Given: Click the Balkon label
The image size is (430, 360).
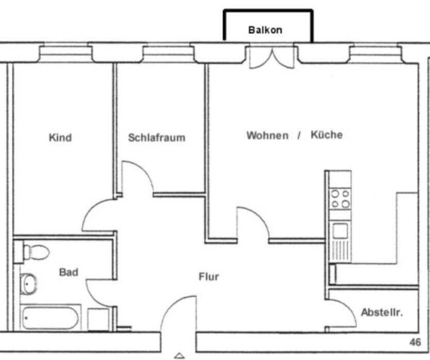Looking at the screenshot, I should point(265,30).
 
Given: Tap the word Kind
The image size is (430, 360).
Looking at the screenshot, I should point(60,138).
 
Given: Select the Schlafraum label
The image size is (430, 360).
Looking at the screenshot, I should point(156,138).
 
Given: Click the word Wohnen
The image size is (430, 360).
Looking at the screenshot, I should point(267,136).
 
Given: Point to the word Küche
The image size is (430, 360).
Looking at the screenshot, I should point(326,135).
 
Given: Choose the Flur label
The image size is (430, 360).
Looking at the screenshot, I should point(209,277).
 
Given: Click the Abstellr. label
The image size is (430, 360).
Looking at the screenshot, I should point(382,313).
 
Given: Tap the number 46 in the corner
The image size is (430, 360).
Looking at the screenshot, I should point(415,342).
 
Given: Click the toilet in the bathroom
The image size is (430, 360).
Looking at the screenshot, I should point(35,252).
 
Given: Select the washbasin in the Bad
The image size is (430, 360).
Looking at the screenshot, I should point(29,283).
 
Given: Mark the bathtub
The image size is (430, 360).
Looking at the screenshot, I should point(50,317).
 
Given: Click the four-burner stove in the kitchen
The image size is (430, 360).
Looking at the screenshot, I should point(340,199).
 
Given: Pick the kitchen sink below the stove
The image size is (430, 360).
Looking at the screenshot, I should point(340,231).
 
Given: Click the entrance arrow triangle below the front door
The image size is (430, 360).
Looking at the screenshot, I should point(179,355).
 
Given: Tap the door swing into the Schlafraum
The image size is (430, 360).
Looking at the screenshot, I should point(137,178).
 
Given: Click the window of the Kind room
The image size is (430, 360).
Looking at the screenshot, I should point(65,53).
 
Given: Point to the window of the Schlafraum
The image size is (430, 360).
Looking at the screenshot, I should point(169,53).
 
